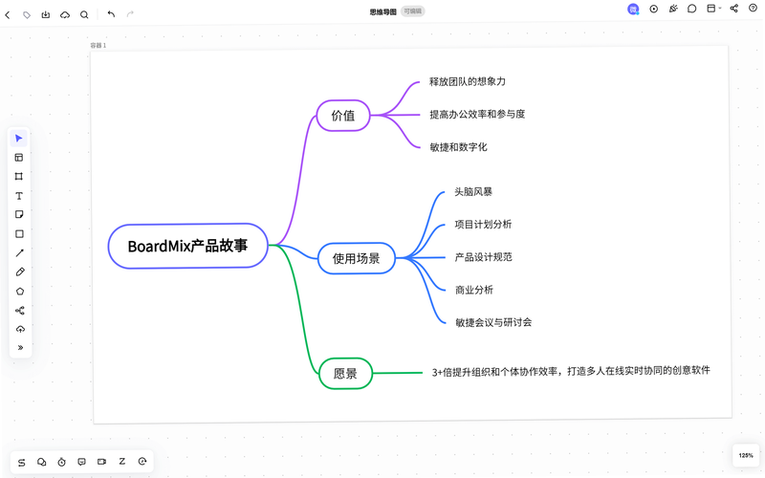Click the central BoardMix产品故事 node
187,246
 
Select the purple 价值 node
343,116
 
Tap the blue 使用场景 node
356,258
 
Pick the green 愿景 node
345,373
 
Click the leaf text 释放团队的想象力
467,81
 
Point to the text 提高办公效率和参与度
477,114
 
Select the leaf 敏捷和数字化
458,147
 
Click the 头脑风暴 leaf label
473,192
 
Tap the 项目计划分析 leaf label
483,225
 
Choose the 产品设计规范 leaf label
483,257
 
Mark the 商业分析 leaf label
473,290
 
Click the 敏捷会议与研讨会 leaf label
493,322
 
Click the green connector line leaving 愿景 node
397,373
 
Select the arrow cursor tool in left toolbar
19,139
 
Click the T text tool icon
19,196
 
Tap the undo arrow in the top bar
111,14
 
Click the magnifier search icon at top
84,14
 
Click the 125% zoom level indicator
746,455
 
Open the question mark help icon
753,8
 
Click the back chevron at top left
8,15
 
